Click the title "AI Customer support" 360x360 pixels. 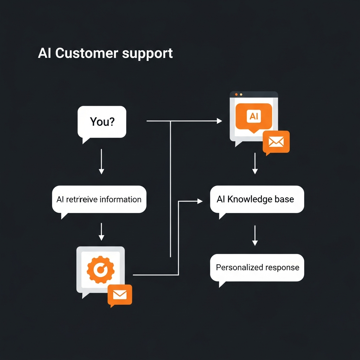(x=105, y=53)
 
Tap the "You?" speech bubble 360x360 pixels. (x=102, y=122)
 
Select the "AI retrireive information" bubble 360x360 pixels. (x=99, y=200)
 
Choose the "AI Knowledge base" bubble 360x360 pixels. (x=257, y=200)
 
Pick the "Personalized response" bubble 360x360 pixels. (x=257, y=268)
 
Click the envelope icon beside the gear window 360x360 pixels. (x=120, y=295)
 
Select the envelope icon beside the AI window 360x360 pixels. (x=276, y=142)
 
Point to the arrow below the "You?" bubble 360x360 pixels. (x=101, y=161)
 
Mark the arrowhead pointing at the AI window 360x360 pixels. (x=219, y=121)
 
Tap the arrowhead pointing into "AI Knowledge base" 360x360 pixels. (x=200, y=201)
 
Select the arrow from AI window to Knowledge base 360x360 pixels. (x=255, y=164)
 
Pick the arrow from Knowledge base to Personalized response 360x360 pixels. (x=255, y=236)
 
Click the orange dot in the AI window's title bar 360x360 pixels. (x=236, y=95)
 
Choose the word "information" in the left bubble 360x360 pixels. (x=120, y=200)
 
